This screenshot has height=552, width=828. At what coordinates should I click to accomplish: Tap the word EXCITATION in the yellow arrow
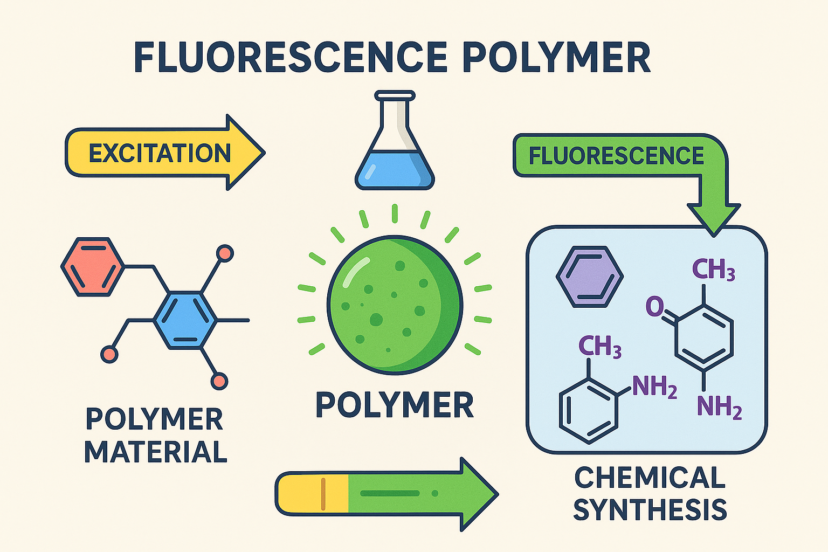coord(160,154)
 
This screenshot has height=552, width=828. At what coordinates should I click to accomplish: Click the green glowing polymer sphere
coord(395,305)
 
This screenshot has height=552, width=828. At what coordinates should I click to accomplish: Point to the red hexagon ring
coord(92,266)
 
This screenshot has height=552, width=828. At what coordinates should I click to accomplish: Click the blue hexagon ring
coord(185,320)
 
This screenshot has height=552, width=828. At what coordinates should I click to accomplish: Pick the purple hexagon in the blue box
coord(589,277)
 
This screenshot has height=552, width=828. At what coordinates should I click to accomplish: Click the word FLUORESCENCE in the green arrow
coord(616,156)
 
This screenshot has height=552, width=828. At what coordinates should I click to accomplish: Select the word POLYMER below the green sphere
coord(395,405)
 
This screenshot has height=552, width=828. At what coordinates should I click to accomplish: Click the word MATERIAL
coord(156,452)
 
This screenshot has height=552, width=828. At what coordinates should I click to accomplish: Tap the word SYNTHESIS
coord(650,509)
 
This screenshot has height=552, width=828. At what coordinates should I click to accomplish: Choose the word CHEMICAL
coord(650,478)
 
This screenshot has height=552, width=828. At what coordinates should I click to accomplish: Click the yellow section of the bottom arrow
coord(313,493)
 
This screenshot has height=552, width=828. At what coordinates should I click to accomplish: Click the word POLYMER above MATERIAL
coord(155,419)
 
